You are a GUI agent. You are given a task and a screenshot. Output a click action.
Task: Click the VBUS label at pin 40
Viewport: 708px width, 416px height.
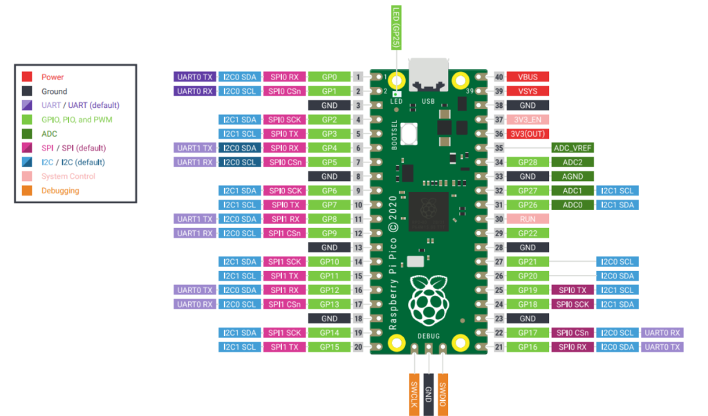coord(528,77)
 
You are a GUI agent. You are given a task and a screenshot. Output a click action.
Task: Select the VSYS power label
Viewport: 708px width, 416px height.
coord(528,91)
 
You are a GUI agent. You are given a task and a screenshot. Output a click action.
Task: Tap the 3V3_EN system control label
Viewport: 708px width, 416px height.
coord(528,120)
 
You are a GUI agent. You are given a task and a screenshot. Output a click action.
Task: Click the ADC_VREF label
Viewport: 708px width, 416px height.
coord(572,148)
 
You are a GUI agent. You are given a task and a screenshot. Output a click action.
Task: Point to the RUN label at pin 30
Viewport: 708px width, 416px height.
coord(528,219)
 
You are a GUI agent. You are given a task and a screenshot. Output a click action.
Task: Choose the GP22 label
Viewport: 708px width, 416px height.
coord(528,234)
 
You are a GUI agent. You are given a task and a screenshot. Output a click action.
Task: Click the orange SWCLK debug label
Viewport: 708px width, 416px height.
coord(414,395)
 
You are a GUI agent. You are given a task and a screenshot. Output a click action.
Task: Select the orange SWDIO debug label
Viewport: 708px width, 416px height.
coord(443,395)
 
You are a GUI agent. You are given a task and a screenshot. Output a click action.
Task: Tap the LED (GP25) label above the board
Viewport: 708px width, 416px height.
coord(396,28)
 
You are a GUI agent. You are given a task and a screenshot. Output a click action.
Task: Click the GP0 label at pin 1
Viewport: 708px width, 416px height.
coord(329,77)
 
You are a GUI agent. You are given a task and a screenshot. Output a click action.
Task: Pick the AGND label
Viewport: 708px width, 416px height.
coord(572,176)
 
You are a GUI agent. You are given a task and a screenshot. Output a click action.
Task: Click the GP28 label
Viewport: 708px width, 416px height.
coord(528,162)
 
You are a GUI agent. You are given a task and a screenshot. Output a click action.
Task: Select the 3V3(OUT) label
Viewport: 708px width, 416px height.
coord(528,133)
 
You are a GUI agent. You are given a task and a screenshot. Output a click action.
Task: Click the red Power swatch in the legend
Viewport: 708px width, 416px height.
coord(27,77)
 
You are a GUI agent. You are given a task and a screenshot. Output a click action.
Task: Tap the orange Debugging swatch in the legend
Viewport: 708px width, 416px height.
coord(27,191)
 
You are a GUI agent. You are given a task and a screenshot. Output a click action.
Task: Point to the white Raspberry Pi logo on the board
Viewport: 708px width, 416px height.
coord(429,300)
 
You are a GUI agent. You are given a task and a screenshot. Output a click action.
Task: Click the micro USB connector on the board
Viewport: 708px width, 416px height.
coord(429,75)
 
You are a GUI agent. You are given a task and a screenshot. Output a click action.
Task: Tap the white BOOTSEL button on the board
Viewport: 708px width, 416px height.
coord(409,133)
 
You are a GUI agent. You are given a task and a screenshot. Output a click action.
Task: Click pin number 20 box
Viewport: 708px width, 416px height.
coord(358,347)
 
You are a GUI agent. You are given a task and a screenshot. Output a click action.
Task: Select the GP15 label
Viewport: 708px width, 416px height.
coord(329,347)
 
